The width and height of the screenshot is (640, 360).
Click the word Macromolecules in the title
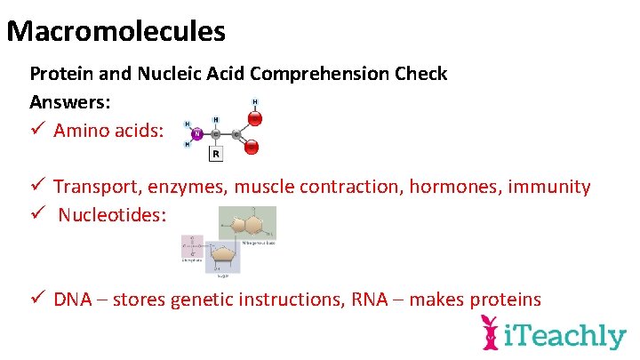pos(116,32)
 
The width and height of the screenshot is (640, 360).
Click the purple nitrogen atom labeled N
pos(196,135)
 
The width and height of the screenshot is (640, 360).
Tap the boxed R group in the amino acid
pos(215,155)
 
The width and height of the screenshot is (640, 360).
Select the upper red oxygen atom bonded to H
pos(255,117)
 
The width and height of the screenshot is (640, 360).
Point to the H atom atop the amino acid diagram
pos(256,102)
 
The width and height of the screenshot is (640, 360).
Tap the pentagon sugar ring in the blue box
pos(222,255)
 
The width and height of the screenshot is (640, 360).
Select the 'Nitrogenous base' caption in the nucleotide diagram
pos(258,242)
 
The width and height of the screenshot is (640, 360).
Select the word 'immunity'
pos(550,187)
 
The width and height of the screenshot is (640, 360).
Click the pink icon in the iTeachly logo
pos(490,333)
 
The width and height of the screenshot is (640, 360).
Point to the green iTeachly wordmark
pos(565,336)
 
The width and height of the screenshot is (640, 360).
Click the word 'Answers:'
pos(71,101)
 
